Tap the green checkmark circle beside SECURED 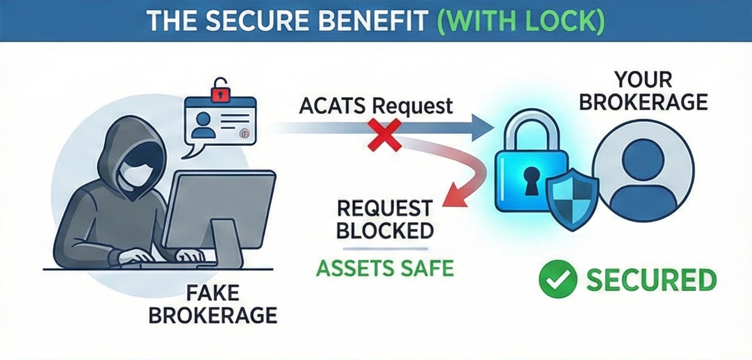pos(558,280)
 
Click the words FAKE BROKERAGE pos(213,304)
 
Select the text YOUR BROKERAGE pos(643,91)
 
